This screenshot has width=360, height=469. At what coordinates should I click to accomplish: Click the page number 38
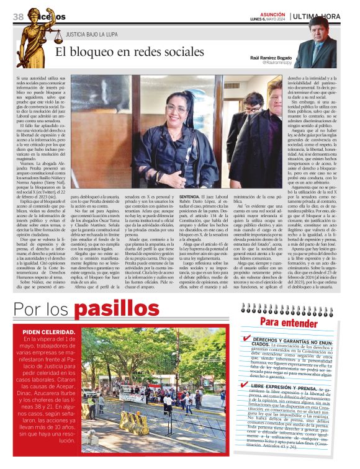point(17,15)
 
